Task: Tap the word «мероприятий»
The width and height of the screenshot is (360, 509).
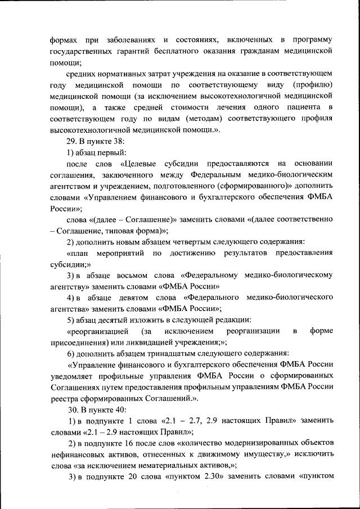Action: tap(115, 253)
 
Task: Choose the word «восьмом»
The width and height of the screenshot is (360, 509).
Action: tap(133, 275)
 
